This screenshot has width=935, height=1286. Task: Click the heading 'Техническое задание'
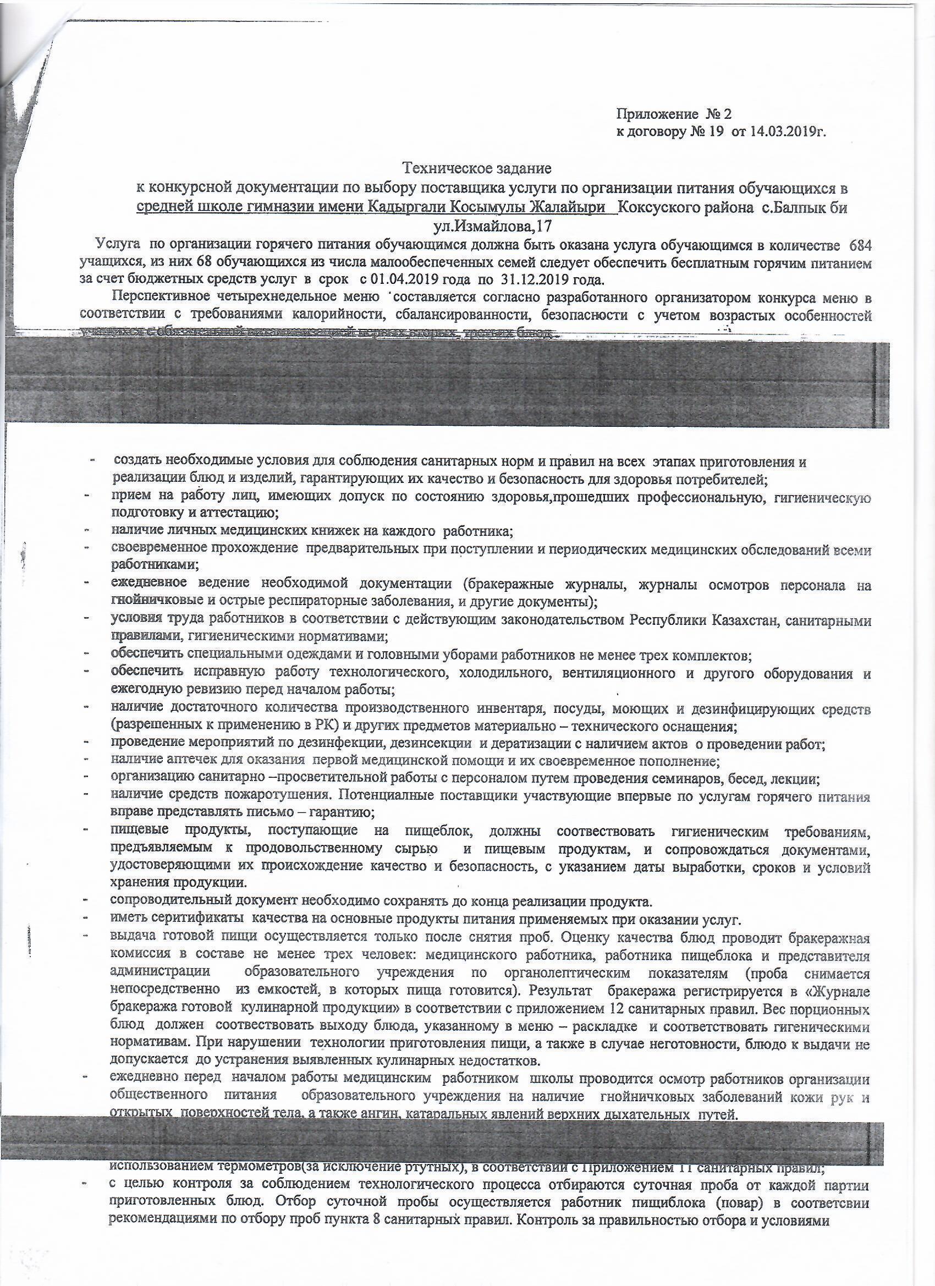pyautogui.click(x=477, y=168)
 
